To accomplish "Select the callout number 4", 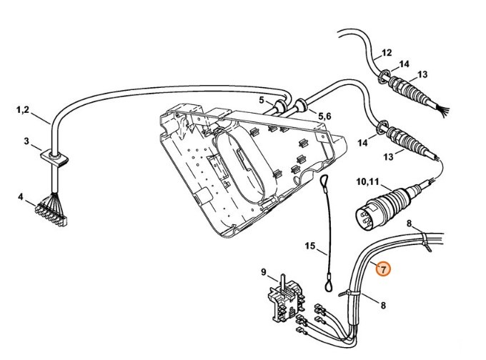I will (x=21, y=196).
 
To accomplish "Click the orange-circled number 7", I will (x=383, y=269).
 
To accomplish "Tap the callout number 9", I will (x=264, y=271).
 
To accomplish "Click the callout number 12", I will (x=387, y=53).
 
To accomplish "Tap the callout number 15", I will (x=310, y=246).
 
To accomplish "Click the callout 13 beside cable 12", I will (x=422, y=74).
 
